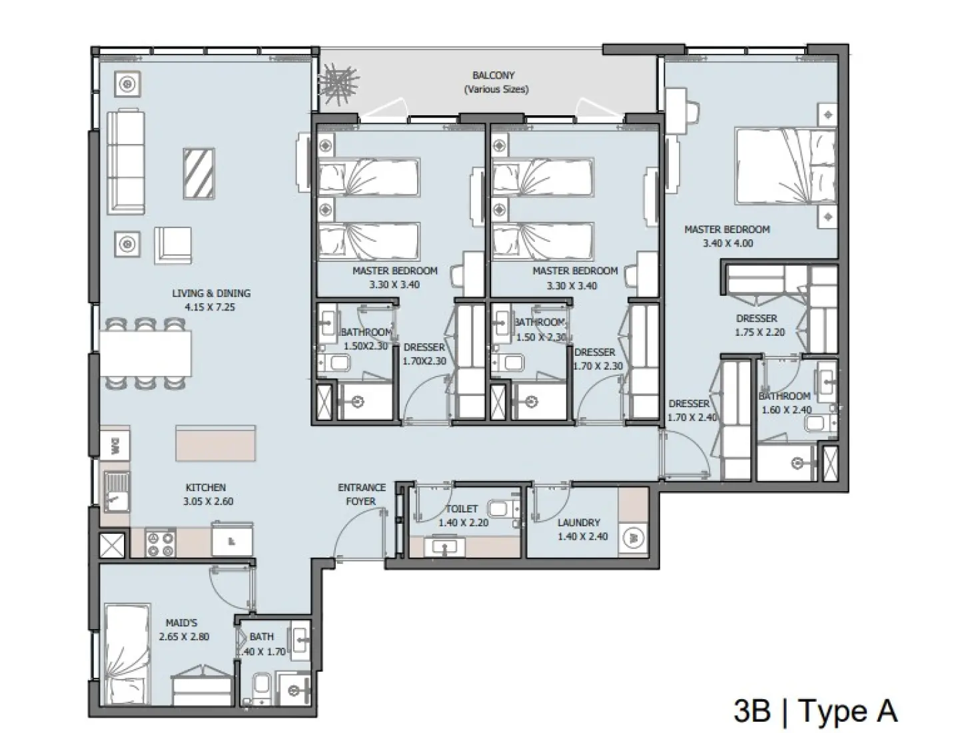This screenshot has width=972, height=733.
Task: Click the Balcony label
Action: [494, 83]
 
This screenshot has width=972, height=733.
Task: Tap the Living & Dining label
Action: [211, 300]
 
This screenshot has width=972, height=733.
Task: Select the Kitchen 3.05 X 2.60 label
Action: [209, 494]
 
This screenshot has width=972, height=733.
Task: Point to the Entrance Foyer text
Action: [361, 494]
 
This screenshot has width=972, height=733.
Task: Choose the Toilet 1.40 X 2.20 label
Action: [462, 516]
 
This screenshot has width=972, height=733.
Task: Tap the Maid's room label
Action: [183, 630]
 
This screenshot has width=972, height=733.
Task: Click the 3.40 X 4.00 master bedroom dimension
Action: [728, 243]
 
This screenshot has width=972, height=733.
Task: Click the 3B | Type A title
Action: [815, 710]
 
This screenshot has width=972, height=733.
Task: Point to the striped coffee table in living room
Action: [199, 173]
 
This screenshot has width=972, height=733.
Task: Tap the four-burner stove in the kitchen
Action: [160, 542]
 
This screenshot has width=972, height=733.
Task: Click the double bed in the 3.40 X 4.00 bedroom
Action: [785, 166]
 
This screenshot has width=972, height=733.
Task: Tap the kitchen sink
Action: [118, 491]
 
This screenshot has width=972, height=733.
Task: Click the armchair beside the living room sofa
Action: [173, 245]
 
